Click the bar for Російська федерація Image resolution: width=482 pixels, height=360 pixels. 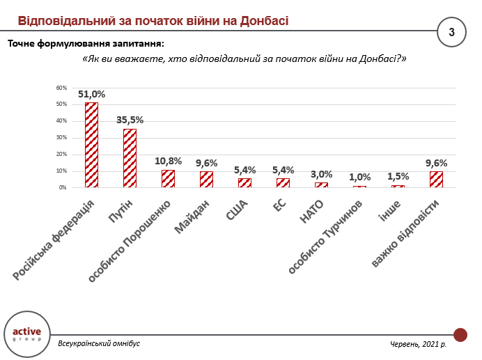(91, 145)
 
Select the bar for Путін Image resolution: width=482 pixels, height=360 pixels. (130, 158)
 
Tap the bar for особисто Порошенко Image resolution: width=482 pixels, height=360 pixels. (168, 179)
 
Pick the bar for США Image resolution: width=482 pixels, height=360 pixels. (244, 183)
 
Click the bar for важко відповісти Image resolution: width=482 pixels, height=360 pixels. (436, 180)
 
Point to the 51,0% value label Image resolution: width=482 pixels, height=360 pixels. (91, 94)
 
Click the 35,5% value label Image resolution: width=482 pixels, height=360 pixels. (130, 120)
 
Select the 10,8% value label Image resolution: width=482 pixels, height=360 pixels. (168, 161)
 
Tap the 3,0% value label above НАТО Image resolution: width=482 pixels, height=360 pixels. (321, 174)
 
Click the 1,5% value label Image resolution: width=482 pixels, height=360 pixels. (398, 176)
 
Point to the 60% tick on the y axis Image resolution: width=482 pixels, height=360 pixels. (62, 88)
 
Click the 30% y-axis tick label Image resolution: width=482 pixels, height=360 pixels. (62, 138)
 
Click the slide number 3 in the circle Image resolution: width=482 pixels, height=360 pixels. (451, 32)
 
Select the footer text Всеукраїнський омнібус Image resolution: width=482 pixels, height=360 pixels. (99, 344)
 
